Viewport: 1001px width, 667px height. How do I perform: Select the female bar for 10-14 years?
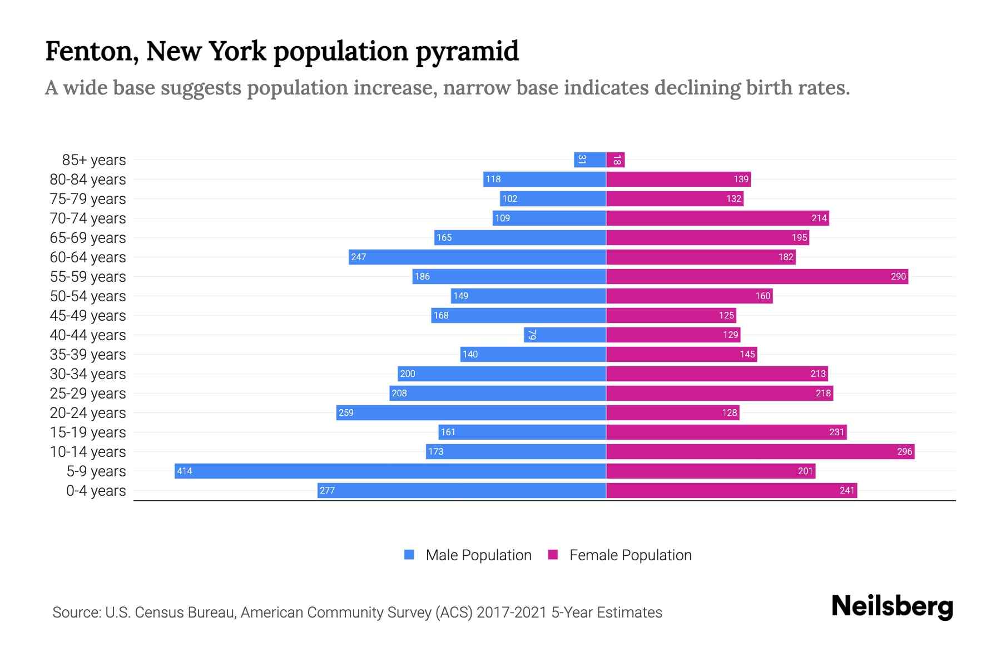coord(760,451)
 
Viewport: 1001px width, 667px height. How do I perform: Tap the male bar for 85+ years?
coord(589,160)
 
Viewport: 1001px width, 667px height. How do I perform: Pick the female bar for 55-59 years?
coord(756,276)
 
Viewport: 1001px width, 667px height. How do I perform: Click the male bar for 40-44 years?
coord(564,335)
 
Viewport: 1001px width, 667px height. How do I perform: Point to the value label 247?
coord(359,257)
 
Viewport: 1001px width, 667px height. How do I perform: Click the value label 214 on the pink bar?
coord(819,218)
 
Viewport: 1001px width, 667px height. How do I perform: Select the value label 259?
coord(346,412)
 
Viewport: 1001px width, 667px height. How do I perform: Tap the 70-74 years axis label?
coord(88,218)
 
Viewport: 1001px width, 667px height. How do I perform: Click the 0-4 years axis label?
coord(96,491)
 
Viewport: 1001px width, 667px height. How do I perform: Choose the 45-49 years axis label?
coord(88,316)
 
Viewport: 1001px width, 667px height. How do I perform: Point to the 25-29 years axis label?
coord(88,394)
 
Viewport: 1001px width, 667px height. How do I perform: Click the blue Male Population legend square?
coord(409,555)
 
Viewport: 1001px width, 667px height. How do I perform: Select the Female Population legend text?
coord(630,555)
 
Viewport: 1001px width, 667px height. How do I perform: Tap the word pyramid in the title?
coord(467,52)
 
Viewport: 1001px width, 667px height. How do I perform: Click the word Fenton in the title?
coord(92,52)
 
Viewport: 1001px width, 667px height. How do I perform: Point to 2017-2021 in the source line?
coord(511,613)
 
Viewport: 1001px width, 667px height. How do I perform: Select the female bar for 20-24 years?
coord(672,412)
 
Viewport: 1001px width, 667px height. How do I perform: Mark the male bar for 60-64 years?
coord(477,257)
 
